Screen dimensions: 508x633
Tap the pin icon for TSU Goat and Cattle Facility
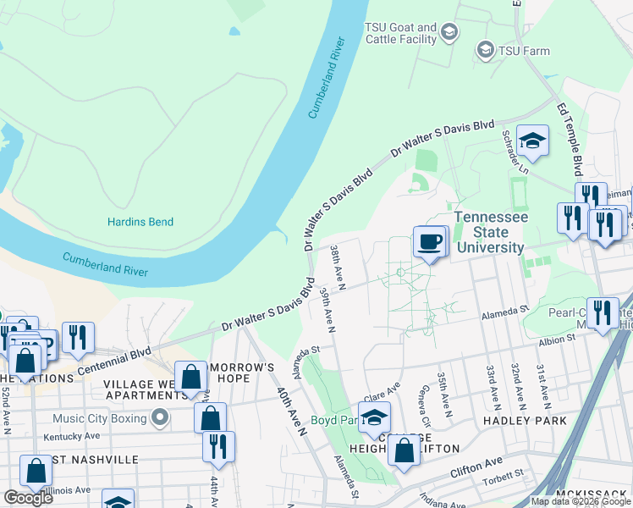tap(449, 33)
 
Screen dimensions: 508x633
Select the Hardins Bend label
tap(140, 222)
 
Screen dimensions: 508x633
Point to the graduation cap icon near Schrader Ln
tap(532, 141)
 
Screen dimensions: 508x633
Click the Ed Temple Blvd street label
tap(570, 135)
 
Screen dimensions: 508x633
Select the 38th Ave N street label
tap(338, 266)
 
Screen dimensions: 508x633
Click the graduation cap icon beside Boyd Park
tap(374, 417)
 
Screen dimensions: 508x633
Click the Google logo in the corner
tap(28, 498)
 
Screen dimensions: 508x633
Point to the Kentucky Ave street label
tap(73, 436)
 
